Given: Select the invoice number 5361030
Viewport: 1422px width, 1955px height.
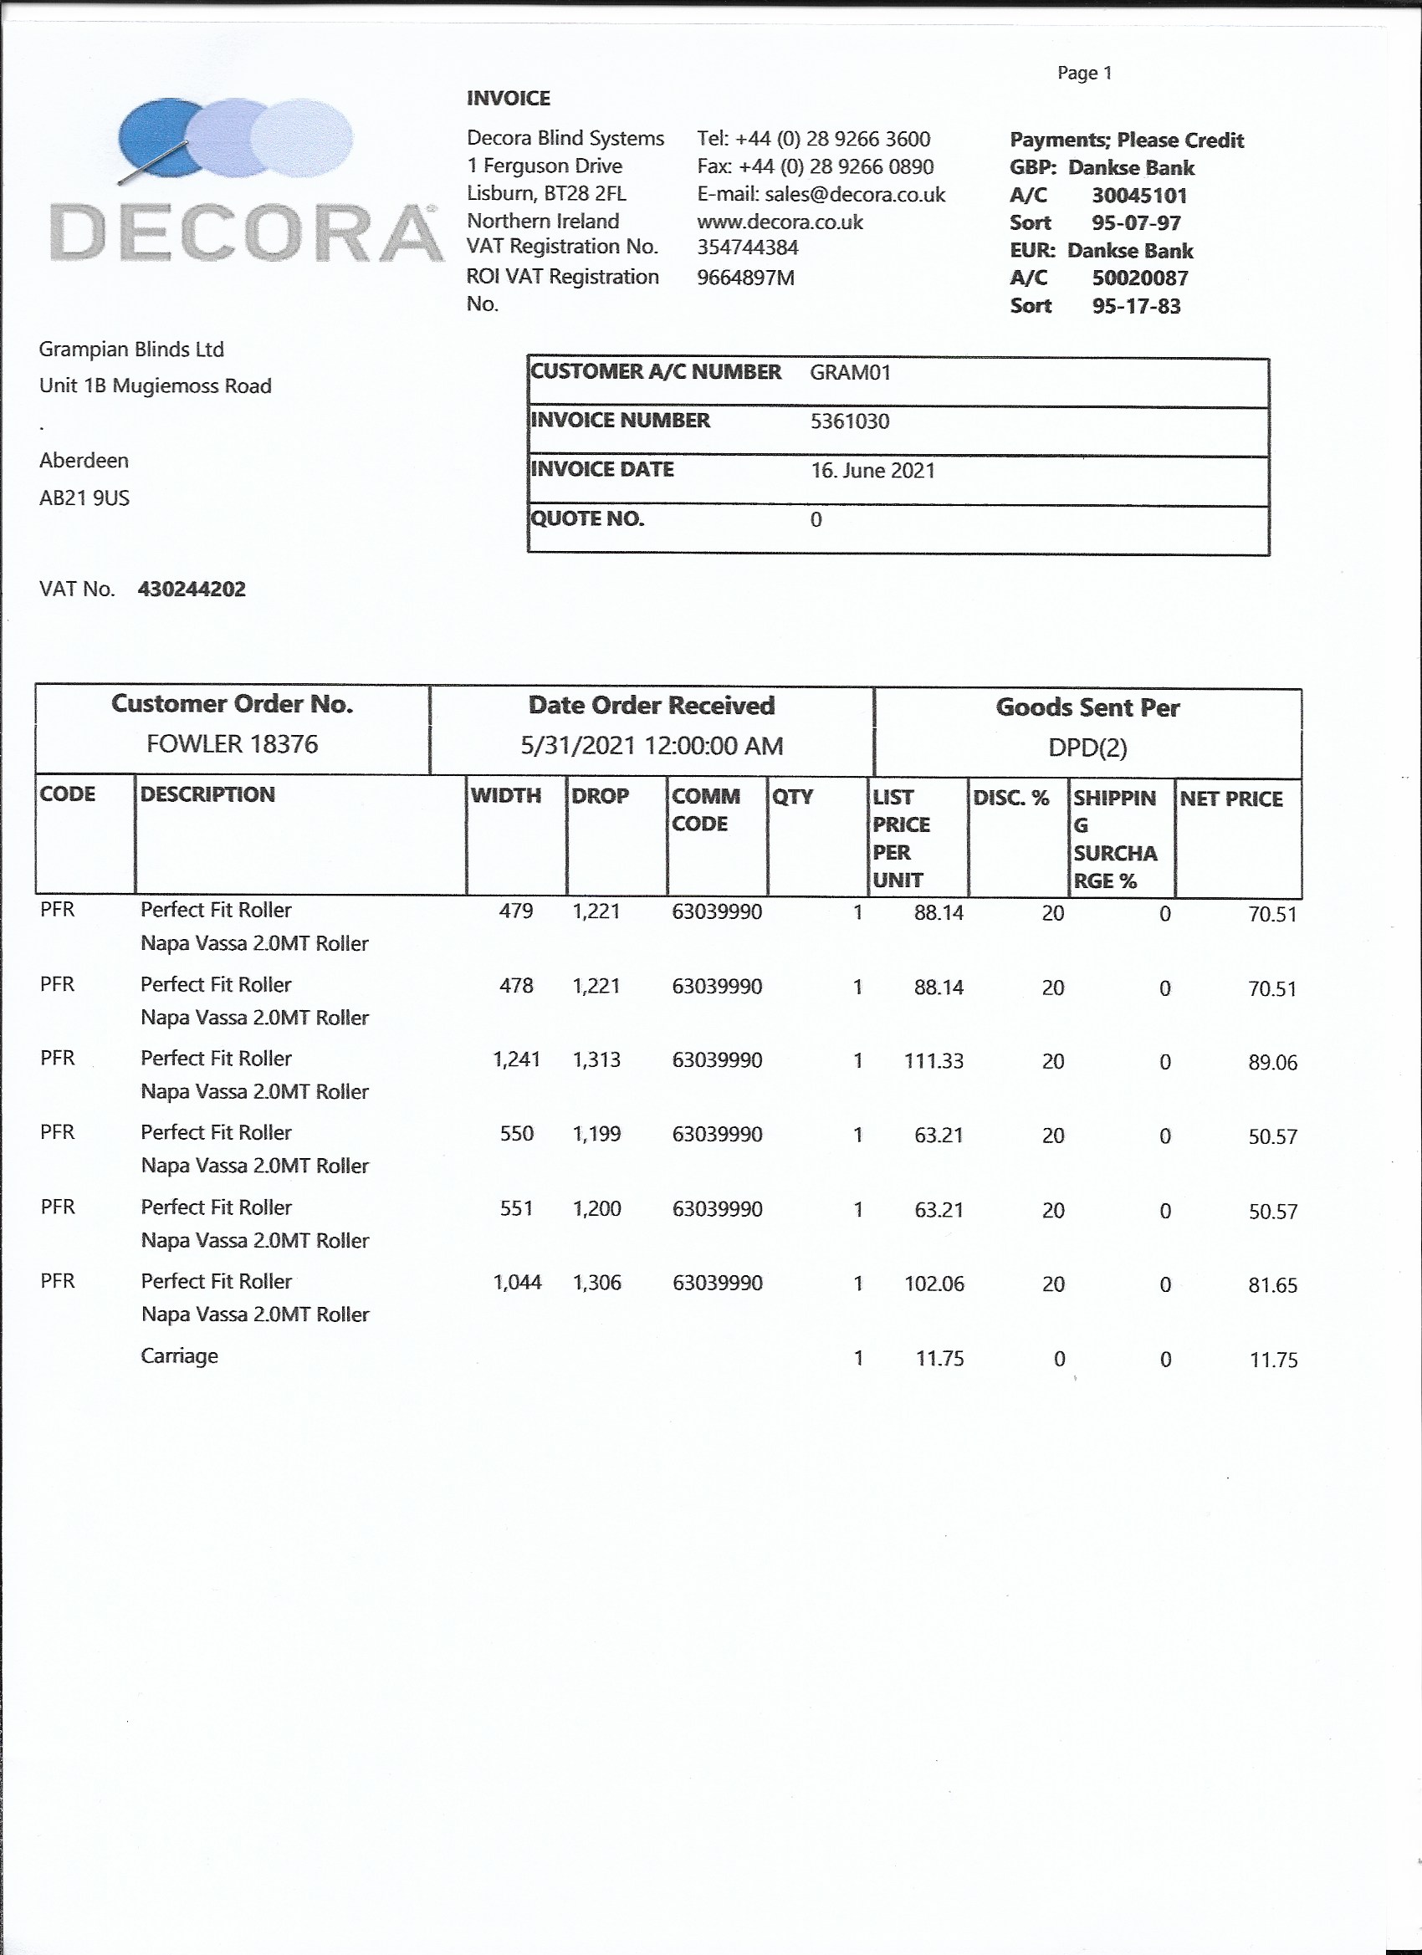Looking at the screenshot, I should point(849,421).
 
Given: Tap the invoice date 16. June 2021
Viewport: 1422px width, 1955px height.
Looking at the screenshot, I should point(872,471).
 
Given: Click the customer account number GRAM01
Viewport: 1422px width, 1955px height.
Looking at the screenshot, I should point(849,372).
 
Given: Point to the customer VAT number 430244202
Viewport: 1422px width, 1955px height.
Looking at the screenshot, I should point(192,590).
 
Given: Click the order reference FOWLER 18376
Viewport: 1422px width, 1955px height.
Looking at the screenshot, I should point(232,744).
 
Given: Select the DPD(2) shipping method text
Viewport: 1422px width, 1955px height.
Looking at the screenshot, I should point(1087,748).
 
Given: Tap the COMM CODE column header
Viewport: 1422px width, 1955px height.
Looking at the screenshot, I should point(705,809).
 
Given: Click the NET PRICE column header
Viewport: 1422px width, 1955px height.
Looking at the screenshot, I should point(1230,799).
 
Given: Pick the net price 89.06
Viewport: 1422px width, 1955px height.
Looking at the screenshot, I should point(1272,1063).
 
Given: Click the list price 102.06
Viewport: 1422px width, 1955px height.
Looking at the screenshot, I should point(934,1284).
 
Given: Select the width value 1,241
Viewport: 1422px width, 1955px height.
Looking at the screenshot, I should point(517,1059).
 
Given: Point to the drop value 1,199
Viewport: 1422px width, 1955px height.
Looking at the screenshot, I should point(596,1135).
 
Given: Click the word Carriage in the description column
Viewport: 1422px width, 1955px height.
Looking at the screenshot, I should point(179,1356).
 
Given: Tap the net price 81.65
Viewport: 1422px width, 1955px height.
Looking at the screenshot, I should point(1272,1285).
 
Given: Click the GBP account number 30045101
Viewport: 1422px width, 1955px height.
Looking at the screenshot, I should point(1139,196).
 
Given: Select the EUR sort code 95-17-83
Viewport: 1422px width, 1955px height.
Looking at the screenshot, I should point(1136,306).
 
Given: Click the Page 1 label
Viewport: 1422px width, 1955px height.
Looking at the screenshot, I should point(1084,74).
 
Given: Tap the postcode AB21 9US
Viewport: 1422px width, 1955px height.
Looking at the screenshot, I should point(84,498).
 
